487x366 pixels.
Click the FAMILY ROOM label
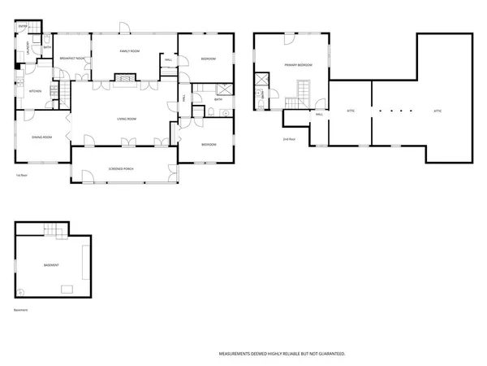(129, 51)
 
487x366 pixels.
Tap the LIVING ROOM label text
(126, 120)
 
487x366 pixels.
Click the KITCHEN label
(35, 91)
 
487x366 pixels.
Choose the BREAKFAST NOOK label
(74, 58)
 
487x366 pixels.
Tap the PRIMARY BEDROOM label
(298, 64)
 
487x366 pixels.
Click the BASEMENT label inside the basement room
(51, 266)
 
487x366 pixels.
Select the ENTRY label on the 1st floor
(22, 27)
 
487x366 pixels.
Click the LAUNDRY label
(28, 48)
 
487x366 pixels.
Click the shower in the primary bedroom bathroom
(261, 80)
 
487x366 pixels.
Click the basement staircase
(54, 232)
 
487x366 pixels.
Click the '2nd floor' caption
(288, 139)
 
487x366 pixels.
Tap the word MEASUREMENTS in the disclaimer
(237, 354)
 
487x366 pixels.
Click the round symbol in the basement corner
(23, 292)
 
